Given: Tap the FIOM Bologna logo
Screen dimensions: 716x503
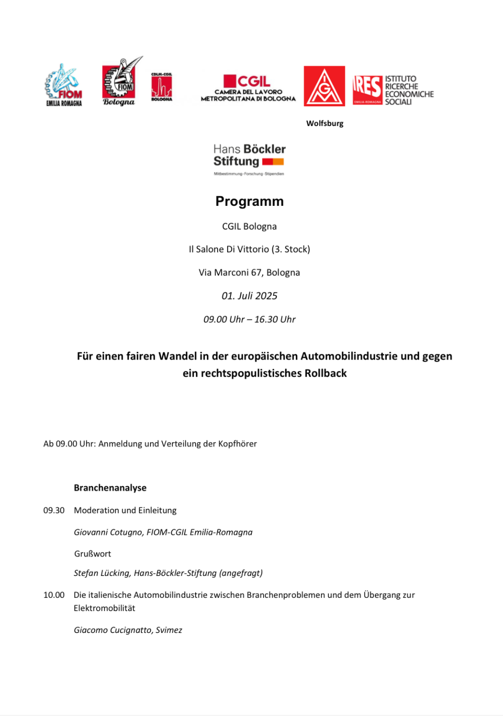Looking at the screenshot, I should point(120,83).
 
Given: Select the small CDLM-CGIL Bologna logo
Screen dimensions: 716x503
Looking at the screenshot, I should point(161,87).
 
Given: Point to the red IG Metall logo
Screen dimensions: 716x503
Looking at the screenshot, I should point(324,86).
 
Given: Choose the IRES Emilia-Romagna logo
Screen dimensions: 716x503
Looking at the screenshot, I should point(393,90).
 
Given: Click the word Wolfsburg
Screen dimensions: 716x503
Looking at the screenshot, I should point(325,123).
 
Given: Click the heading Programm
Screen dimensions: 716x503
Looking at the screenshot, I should point(249,201).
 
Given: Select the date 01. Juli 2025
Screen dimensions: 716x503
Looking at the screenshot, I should point(249,296).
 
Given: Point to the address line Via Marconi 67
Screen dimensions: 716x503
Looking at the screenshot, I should point(249,272).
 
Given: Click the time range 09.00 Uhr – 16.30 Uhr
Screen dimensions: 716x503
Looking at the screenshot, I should point(249,319).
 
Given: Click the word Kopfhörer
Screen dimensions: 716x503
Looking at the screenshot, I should point(237,444).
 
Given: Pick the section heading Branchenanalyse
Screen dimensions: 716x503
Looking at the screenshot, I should point(110,488).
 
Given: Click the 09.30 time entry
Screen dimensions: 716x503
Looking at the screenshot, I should point(54,510).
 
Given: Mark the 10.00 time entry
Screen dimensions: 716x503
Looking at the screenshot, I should point(54,595).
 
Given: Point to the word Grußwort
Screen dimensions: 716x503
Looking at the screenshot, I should point(93,554).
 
